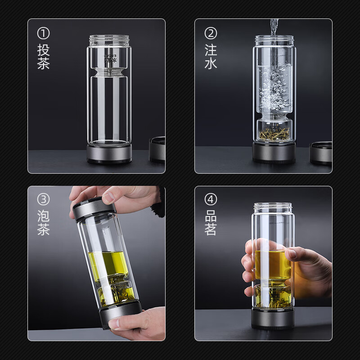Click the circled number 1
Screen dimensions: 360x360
pyautogui.click(x=43, y=33)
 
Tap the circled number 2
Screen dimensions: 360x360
pyautogui.click(x=211, y=33)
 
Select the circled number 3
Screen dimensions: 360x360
pyautogui.click(x=43, y=200)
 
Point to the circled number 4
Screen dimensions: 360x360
pyautogui.click(x=211, y=200)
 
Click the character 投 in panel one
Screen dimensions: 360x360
pyautogui.click(x=43, y=49)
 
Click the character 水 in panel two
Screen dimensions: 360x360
pyautogui.click(x=211, y=63)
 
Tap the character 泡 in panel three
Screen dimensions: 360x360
pyautogui.click(x=43, y=215)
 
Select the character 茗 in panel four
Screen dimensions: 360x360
pyautogui.click(x=211, y=229)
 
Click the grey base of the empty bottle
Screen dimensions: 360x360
pyautogui.click(x=109, y=154)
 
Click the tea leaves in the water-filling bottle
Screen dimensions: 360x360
pyautogui.click(x=274, y=134)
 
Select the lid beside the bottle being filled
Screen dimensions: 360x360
pyautogui.click(x=321, y=153)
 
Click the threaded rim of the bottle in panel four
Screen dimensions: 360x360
pyautogui.click(x=273, y=208)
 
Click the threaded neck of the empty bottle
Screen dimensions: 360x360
pyautogui.click(x=109, y=40)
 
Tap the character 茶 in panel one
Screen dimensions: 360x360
pyautogui.click(x=43, y=63)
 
